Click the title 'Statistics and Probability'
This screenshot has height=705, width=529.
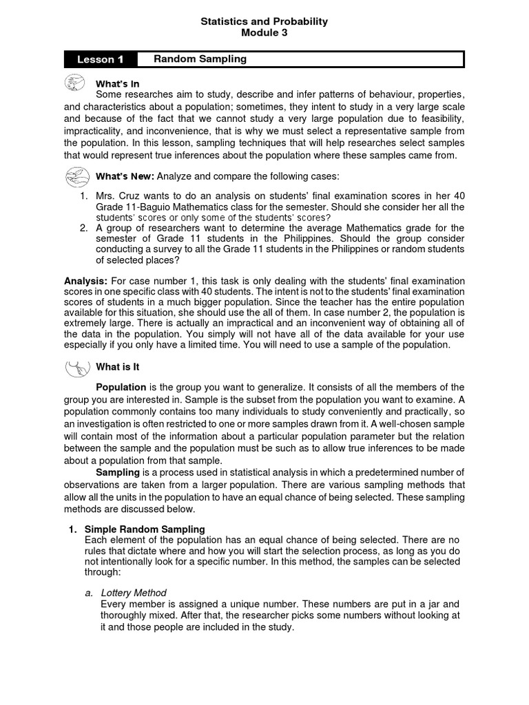pos(264,22)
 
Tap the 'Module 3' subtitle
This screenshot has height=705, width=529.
pos(264,32)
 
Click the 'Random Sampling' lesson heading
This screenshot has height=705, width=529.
pos(200,59)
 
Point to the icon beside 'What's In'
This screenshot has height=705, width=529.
pos(74,83)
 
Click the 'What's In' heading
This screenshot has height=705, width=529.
pos(118,83)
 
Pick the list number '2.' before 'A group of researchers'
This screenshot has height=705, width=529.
pos(83,227)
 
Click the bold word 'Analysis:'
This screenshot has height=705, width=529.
pos(85,282)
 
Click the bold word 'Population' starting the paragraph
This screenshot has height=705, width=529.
pos(121,387)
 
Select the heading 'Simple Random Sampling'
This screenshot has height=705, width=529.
pos(144,529)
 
